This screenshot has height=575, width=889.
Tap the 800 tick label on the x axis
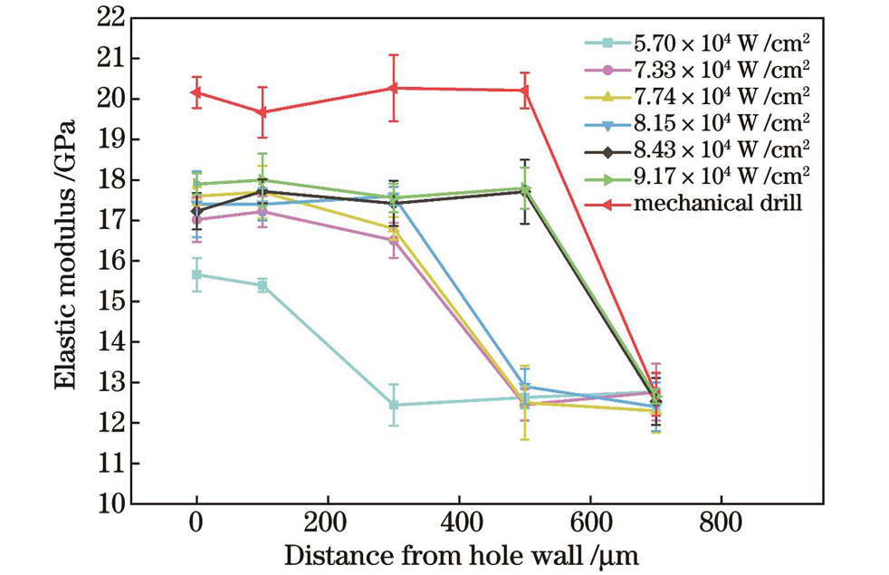pyautogui.click(x=721, y=522)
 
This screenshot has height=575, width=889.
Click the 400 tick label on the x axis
pyautogui.click(x=458, y=522)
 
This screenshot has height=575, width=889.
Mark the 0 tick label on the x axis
pyautogui.click(x=196, y=522)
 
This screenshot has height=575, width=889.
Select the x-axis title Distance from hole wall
pyautogui.click(x=462, y=553)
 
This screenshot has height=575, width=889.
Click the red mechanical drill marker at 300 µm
pyautogui.click(x=393, y=88)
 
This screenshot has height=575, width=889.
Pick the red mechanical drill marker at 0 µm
pyautogui.click(x=196, y=92)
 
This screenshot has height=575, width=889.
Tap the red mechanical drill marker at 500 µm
pyautogui.click(x=524, y=90)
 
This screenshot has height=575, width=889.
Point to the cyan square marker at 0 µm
pyautogui.click(x=196, y=274)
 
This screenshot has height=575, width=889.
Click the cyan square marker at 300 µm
pyautogui.click(x=393, y=405)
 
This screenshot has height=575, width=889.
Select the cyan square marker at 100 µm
pyautogui.click(x=263, y=285)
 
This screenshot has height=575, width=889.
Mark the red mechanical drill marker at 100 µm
pyautogui.click(x=263, y=112)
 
